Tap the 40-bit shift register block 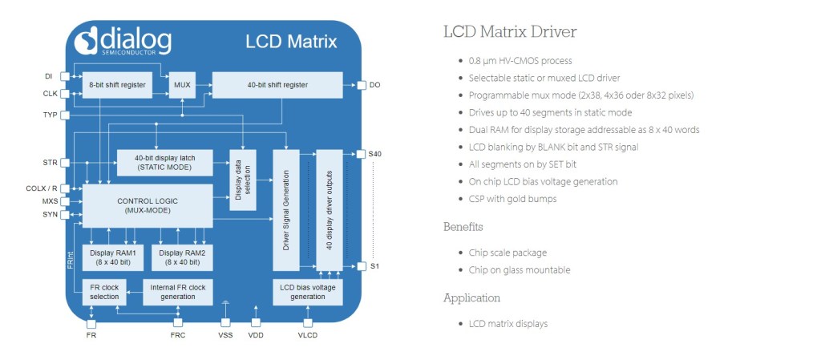pyautogui.click(x=277, y=84)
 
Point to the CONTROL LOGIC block pyautogui.click(x=147, y=205)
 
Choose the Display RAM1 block pyautogui.click(x=113, y=257)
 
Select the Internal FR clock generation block pyautogui.click(x=179, y=292)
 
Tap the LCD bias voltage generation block pyautogui.click(x=308, y=292)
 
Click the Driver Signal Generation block pyautogui.click(x=287, y=211)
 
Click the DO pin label pyautogui.click(x=374, y=84)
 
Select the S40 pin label pyautogui.click(x=375, y=152)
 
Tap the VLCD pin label pyautogui.click(x=307, y=334)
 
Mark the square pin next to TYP pyautogui.click(x=65, y=115)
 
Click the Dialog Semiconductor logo pyautogui.click(x=124, y=41)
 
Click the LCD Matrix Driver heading pyautogui.click(x=510, y=32)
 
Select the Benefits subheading pyautogui.click(x=463, y=227)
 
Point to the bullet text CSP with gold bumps pyautogui.click(x=512, y=199)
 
